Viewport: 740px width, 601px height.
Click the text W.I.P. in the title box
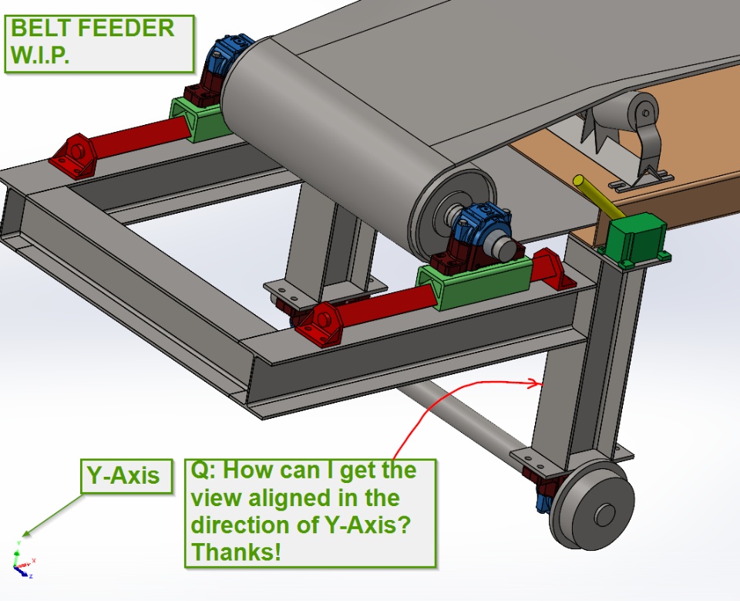point(40,55)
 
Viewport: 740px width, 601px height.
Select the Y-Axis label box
point(126,476)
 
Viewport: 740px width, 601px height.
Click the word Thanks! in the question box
point(236,552)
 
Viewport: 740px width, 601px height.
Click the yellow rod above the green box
point(597,197)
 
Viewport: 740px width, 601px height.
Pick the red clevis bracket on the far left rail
point(73,156)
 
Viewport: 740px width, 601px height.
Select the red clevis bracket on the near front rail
point(321,324)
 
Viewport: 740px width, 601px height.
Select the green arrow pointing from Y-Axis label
point(52,515)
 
